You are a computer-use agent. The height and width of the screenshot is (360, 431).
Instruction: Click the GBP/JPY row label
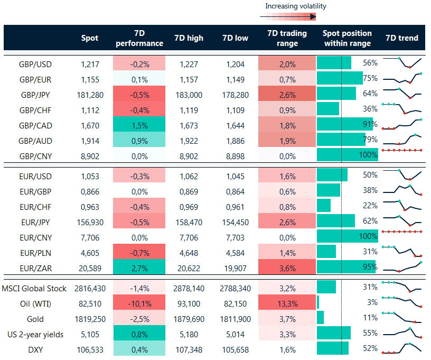click(x=35, y=95)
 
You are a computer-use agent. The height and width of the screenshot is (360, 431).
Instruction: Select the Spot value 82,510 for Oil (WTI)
click(x=89, y=304)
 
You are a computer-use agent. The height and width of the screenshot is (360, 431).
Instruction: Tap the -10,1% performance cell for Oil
click(x=139, y=304)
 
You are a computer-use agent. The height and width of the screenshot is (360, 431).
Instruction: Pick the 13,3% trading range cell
click(x=287, y=304)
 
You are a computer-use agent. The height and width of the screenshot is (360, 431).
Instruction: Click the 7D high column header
click(x=187, y=38)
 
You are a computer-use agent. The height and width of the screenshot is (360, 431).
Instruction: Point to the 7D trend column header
click(x=402, y=38)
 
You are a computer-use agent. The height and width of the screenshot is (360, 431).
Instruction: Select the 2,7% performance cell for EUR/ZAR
click(x=139, y=267)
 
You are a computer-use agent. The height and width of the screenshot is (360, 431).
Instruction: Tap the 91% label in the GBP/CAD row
click(x=370, y=125)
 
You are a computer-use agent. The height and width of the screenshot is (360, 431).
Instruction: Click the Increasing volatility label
click(x=296, y=6)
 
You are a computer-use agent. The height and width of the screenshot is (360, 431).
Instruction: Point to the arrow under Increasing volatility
click(x=288, y=17)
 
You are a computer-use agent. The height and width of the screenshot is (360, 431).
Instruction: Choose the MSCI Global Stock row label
click(x=34, y=288)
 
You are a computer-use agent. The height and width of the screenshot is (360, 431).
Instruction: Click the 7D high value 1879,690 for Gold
click(x=188, y=319)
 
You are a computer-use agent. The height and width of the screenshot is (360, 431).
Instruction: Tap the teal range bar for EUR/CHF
click(x=323, y=206)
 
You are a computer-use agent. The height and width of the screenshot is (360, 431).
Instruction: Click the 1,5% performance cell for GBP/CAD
click(x=139, y=125)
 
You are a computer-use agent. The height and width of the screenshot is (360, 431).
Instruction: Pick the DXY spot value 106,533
click(x=89, y=349)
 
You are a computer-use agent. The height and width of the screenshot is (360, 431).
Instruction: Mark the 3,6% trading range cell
click(x=287, y=267)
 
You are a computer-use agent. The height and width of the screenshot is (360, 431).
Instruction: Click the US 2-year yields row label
click(x=35, y=335)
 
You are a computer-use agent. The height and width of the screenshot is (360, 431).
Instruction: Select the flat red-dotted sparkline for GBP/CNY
click(x=402, y=151)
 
